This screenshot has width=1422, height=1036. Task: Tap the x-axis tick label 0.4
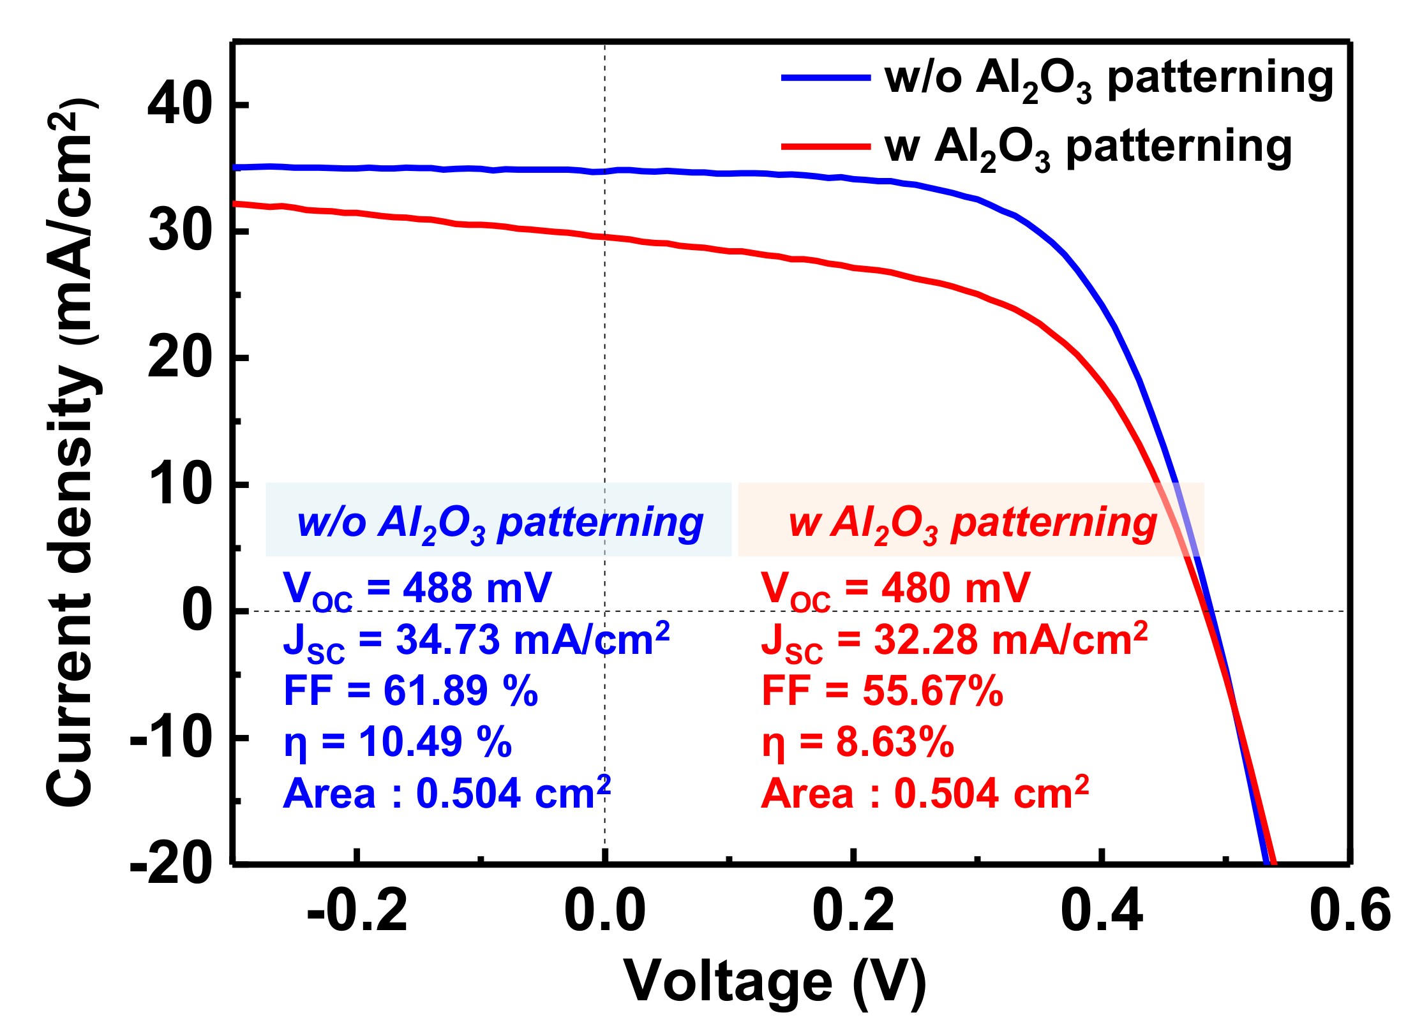pos(1101,911)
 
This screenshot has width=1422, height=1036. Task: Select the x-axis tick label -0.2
pos(357,911)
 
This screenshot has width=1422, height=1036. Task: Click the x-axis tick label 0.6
pos(1350,911)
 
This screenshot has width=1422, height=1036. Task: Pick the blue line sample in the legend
pos(826,78)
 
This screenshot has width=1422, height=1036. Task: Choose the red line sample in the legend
pos(826,147)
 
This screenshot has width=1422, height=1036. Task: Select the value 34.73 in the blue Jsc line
pos(448,640)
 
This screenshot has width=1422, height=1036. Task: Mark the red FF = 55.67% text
pos(882,691)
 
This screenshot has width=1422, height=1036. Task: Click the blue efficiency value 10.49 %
pos(435,743)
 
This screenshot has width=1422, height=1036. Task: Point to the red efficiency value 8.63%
pos(895,743)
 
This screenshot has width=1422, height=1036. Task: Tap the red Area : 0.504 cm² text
pos(925,794)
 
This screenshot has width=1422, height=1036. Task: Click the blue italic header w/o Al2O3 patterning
pos(499,523)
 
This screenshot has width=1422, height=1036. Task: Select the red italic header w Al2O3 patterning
pos(973,523)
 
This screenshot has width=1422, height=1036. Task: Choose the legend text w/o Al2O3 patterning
pos(1109,79)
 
